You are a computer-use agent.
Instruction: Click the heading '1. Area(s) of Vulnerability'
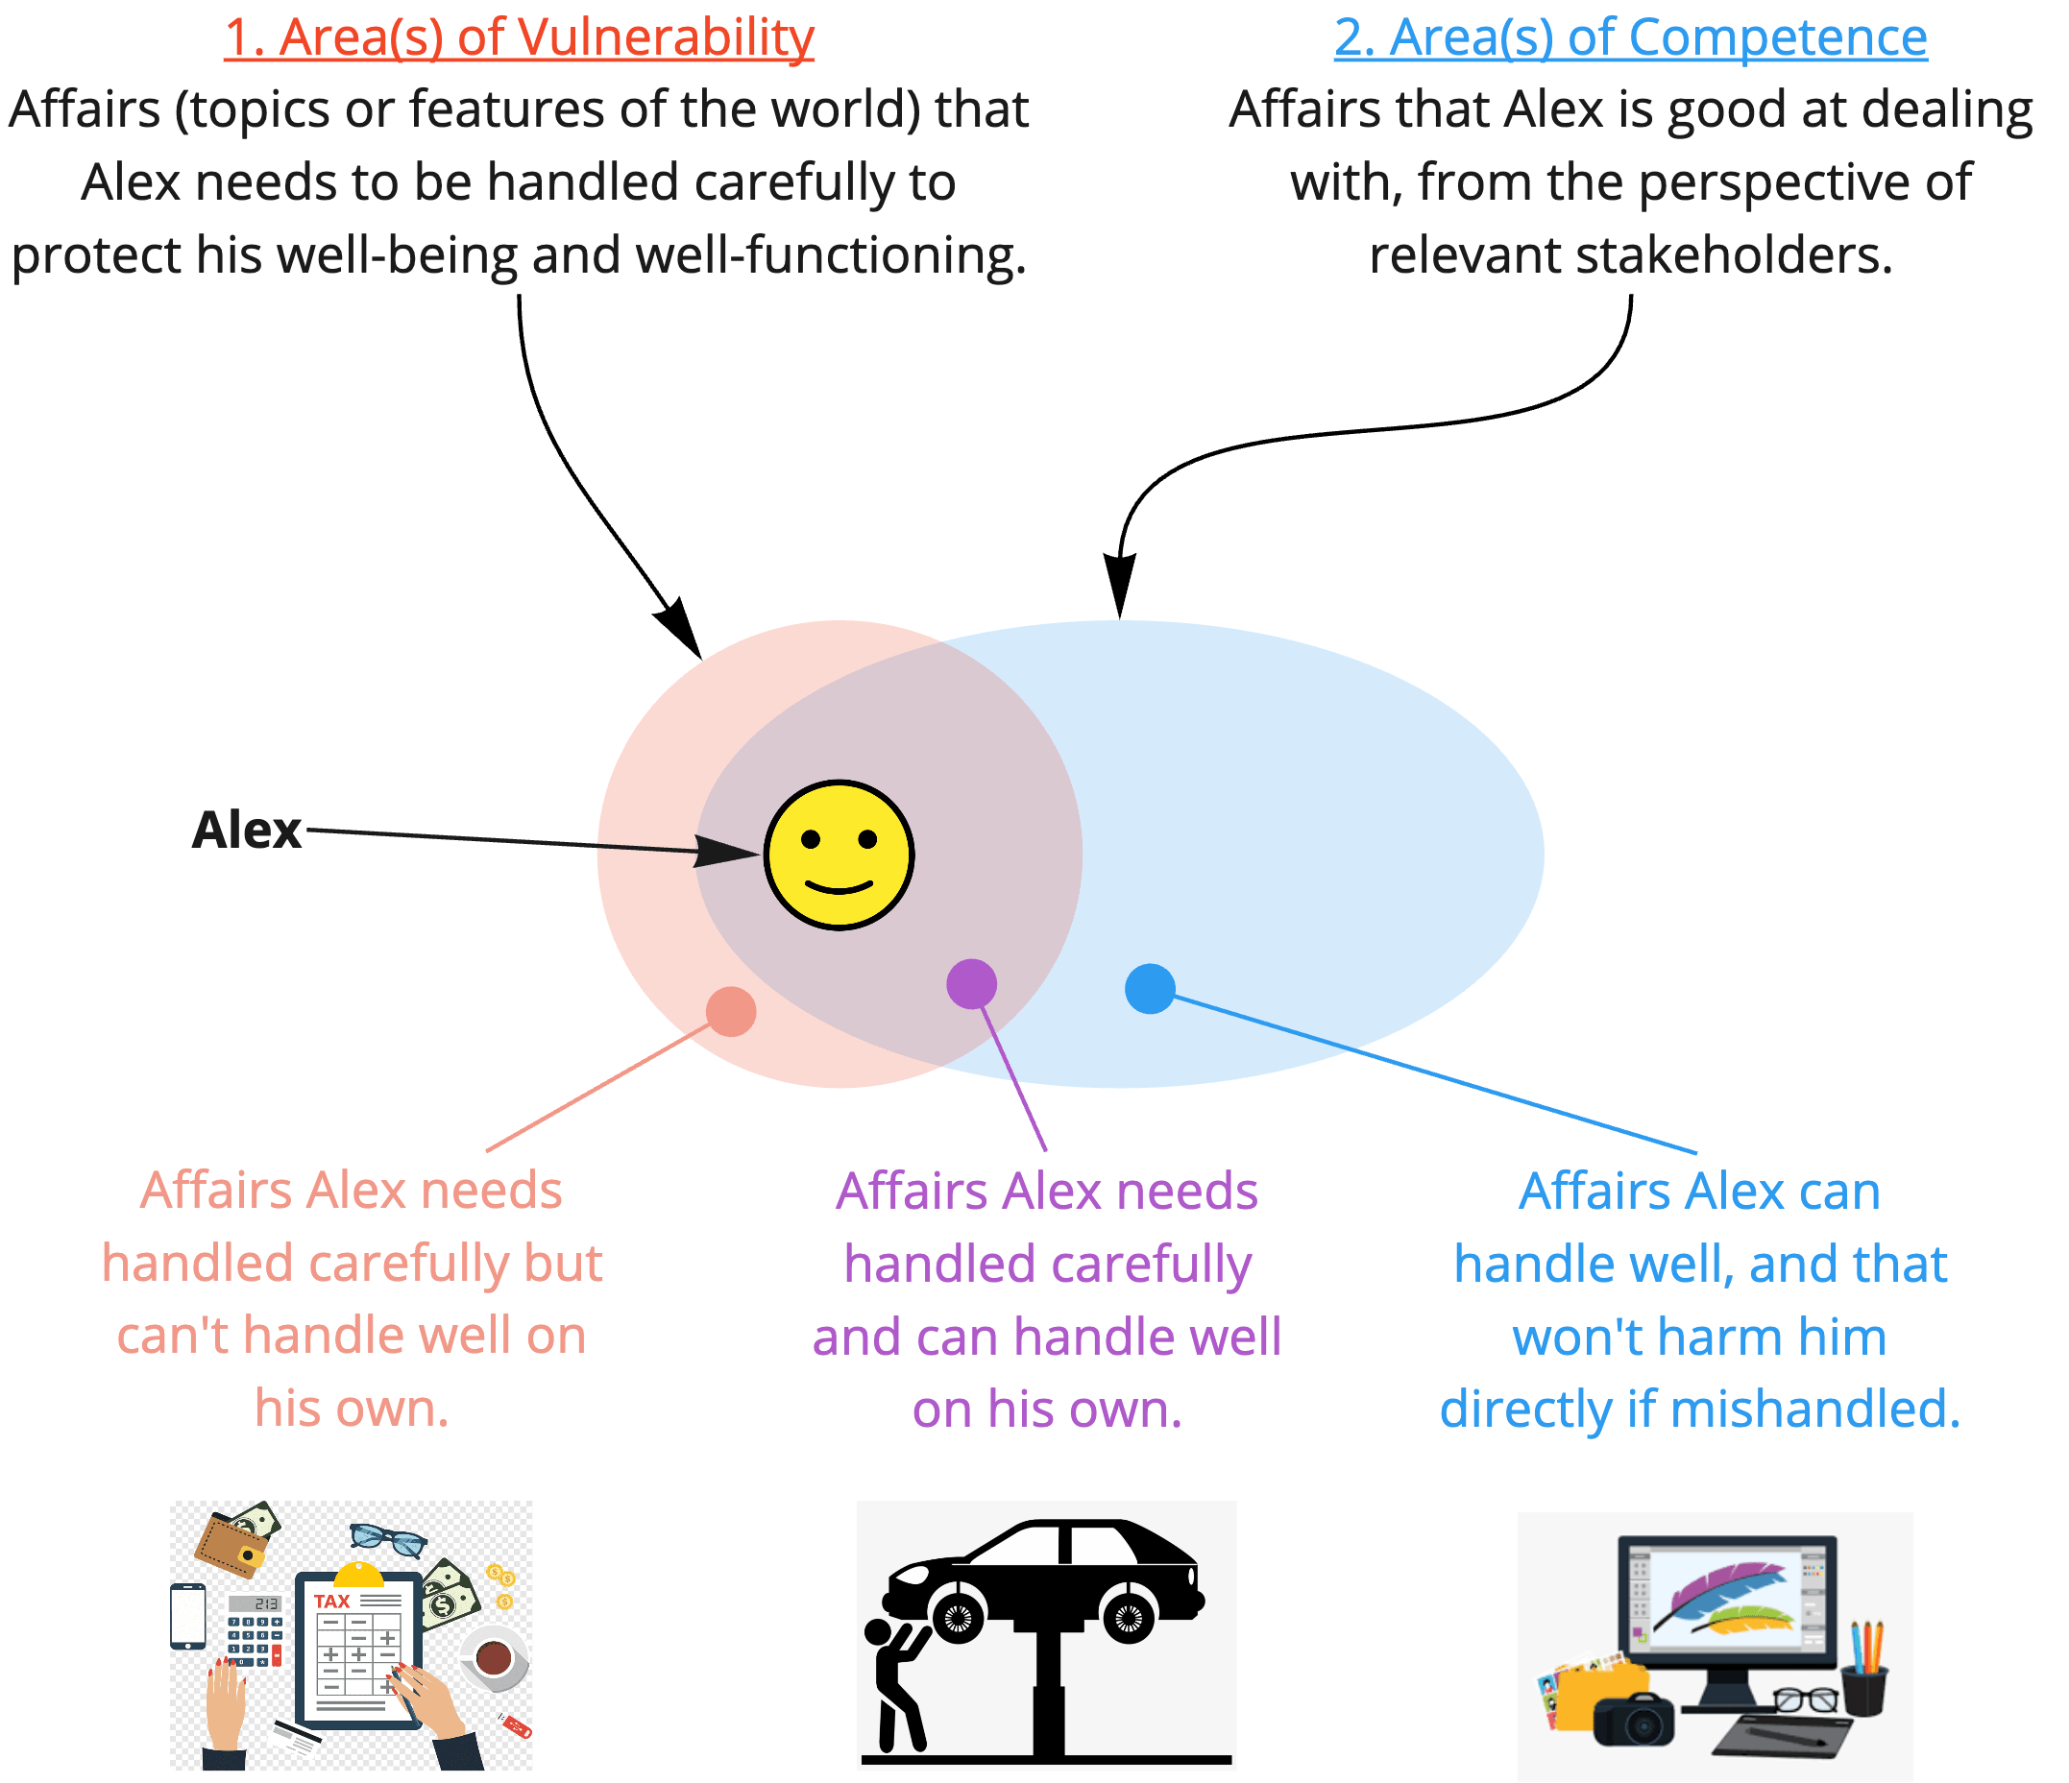[x=519, y=38]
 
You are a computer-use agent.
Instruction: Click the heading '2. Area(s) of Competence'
[x=1630, y=38]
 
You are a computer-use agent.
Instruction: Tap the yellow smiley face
[x=839, y=855]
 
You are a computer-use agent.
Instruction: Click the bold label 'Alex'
[x=247, y=830]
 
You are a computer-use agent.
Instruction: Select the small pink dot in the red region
[x=731, y=1011]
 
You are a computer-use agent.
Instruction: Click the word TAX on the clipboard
[x=331, y=1602]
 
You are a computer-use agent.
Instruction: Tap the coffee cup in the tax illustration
[x=494, y=1658]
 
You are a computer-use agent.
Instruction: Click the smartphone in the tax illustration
[x=187, y=1615]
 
